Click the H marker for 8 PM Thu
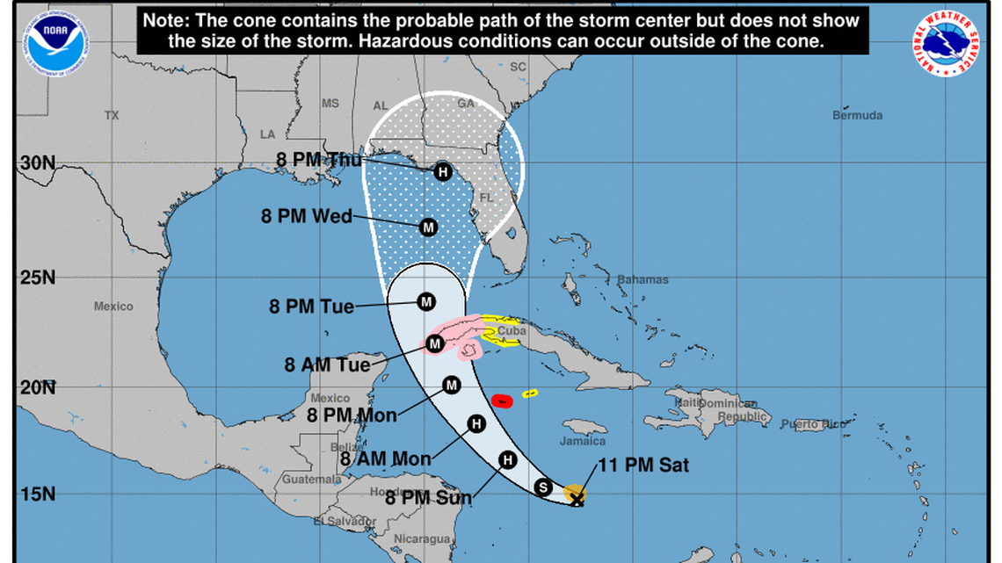[442, 171]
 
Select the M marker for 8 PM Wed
[428, 227]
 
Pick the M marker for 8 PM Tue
[426, 302]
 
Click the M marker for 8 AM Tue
[434, 343]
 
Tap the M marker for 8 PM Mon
[452, 385]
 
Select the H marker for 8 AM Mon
[476, 424]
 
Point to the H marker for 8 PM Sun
[507, 459]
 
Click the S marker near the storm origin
[543, 487]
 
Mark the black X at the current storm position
[577, 500]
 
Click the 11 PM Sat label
[643, 466]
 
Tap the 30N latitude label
[36, 163]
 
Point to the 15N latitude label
[36, 494]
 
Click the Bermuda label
[857, 116]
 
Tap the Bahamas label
[643, 280]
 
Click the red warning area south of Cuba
[502, 401]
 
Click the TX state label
[111, 116]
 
